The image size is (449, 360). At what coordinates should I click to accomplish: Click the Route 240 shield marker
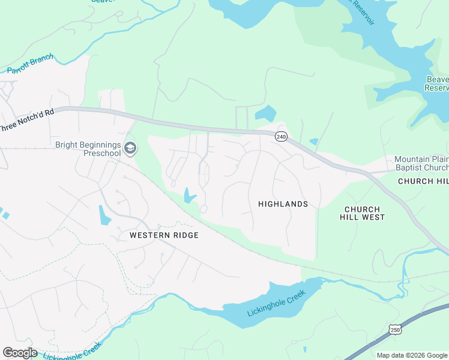281,137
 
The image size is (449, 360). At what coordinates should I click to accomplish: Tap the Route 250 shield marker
394,329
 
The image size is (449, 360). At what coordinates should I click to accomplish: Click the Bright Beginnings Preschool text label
88,149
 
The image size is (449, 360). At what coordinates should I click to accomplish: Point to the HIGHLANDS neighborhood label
283,204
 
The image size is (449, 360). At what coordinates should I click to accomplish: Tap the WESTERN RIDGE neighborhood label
164,236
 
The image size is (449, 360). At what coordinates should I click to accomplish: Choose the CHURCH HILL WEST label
364,213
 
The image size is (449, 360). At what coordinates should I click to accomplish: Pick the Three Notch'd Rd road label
27,120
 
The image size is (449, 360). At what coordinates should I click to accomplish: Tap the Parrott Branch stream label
30,64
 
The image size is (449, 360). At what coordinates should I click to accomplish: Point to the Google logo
20,353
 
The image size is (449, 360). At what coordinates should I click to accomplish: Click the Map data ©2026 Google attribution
412,355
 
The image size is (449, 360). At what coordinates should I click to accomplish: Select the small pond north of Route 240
265,113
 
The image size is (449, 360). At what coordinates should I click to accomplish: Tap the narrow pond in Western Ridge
104,214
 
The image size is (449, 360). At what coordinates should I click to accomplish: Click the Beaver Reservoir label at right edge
436,84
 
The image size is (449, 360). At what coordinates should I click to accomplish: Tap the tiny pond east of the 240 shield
313,142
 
